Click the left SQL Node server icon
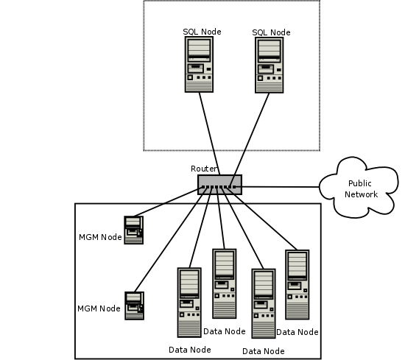[199, 64]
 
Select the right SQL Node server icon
[270, 65]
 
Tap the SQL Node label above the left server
[202, 32]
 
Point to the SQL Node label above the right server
[271, 32]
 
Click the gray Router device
[219, 184]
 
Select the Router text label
[204, 169]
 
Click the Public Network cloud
[362, 187]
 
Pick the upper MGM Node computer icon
[133, 230]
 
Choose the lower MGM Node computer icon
[134, 306]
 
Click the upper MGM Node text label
[99, 237]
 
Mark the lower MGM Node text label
[99, 308]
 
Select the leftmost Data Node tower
[189, 302]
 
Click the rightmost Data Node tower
[297, 284]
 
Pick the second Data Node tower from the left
[224, 283]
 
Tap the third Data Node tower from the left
[263, 303]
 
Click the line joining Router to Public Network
[280, 186]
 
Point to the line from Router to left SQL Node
[208, 133]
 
